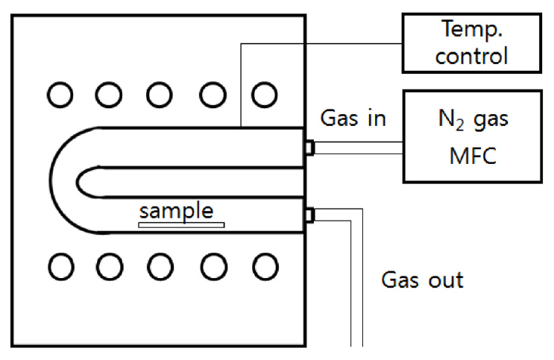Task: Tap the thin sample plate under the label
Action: click(x=180, y=223)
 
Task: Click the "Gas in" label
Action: click(x=353, y=119)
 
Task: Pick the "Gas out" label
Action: click(x=423, y=280)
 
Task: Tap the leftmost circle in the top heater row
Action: click(x=59, y=94)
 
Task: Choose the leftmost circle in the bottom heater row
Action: click(x=59, y=265)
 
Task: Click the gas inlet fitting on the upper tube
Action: click(x=309, y=148)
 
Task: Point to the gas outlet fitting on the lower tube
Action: click(x=309, y=215)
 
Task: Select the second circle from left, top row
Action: click(x=110, y=94)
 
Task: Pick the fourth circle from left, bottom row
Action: click(x=213, y=265)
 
